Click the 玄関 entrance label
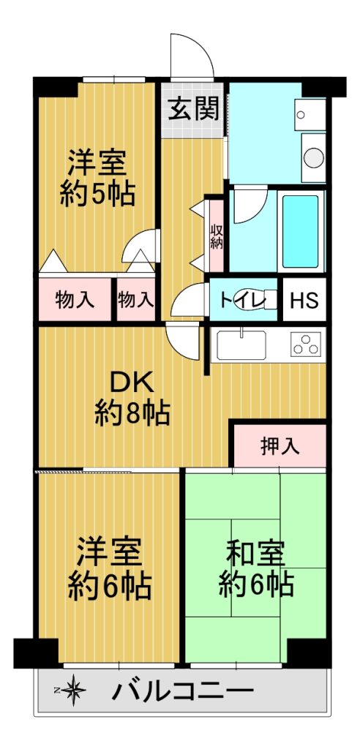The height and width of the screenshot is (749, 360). click(193, 109)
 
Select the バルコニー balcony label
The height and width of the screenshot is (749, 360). click(183, 690)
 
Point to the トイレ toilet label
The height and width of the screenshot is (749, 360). click(237, 301)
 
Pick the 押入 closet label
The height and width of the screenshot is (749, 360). click(280, 446)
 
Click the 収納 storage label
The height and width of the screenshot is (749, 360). click(217, 236)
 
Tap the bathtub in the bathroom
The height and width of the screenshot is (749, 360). click(300, 231)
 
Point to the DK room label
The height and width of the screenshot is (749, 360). click(132, 383)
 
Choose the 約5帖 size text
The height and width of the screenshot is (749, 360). click(97, 193)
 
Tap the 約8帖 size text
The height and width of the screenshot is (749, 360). click(132, 413)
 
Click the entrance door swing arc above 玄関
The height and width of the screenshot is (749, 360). click(192, 55)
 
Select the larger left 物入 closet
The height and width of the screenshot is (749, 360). click(75, 300)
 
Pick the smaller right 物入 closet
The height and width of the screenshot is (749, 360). click(136, 300)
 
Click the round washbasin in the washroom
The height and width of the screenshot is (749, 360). click(314, 158)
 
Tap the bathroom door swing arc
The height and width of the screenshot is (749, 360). click(251, 206)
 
